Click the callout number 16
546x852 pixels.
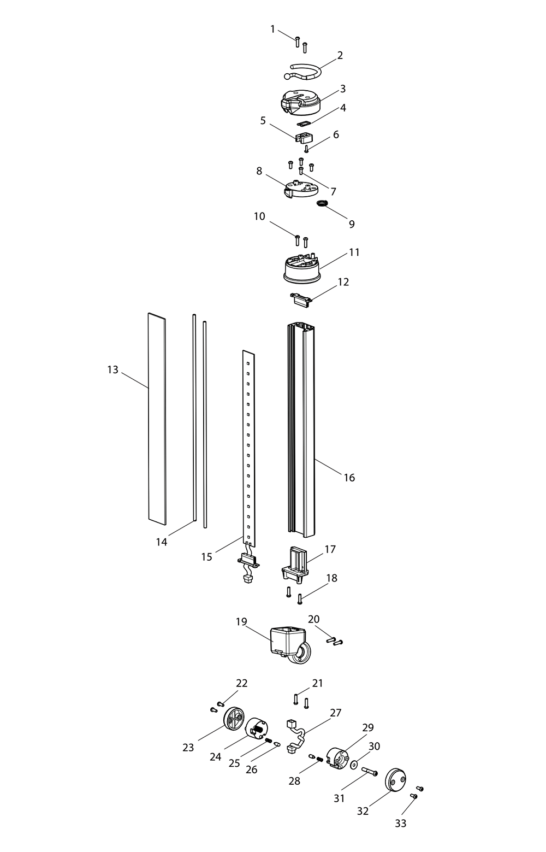click(x=349, y=478)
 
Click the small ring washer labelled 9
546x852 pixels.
click(x=323, y=204)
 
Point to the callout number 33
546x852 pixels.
click(x=401, y=823)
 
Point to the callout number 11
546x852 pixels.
click(x=354, y=252)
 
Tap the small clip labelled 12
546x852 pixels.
click(x=300, y=298)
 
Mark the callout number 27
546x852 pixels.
click(x=335, y=713)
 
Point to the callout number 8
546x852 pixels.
click(x=259, y=171)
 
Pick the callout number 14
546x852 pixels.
click(x=161, y=542)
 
